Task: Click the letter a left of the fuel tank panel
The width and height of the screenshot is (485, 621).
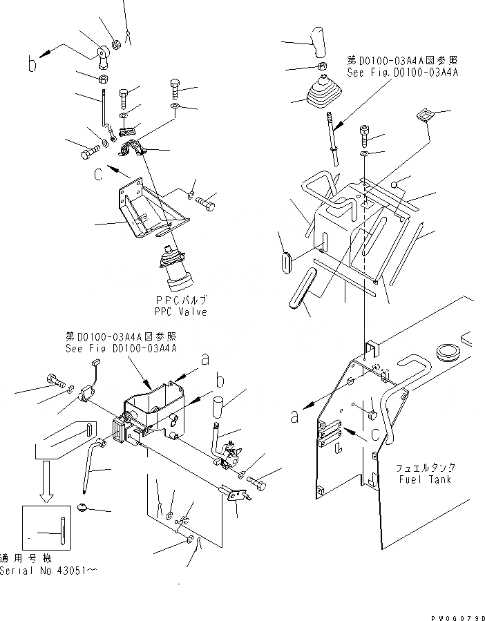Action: (x=296, y=416)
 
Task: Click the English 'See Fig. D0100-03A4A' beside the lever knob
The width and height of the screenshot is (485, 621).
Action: (x=403, y=71)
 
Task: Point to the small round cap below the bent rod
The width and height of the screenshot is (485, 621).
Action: (x=84, y=510)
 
